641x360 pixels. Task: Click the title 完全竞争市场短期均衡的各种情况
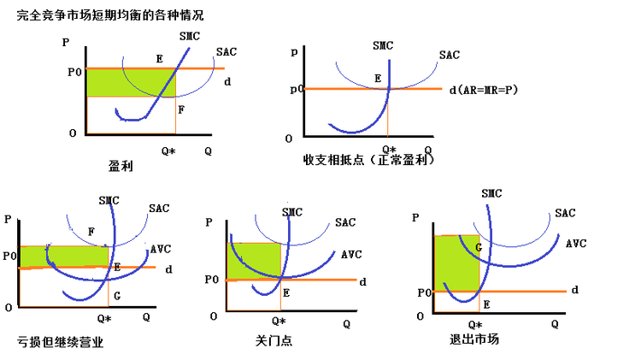[x=110, y=15]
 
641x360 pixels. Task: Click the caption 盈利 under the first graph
[x=121, y=166]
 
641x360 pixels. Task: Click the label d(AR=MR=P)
[x=485, y=89]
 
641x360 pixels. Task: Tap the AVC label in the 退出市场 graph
[x=575, y=244]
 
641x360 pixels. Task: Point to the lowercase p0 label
[x=297, y=89]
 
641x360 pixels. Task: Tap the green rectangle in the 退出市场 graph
[x=456, y=263]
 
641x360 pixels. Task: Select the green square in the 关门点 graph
[x=253, y=260]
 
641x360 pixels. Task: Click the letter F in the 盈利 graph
[x=180, y=109]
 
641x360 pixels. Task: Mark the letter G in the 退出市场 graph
[x=479, y=247]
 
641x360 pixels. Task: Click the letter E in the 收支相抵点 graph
[x=378, y=78]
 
